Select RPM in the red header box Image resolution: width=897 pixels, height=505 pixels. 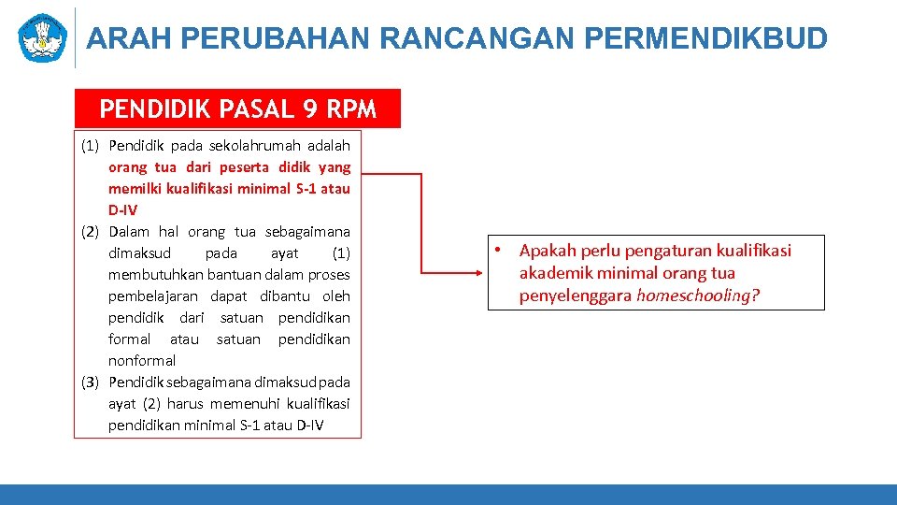point(351,109)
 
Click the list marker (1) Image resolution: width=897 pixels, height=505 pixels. point(91,146)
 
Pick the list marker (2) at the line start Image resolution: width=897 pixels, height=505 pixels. point(91,232)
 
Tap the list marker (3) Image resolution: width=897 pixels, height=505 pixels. point(91,382)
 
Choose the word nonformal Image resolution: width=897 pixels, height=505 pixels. point(142,361)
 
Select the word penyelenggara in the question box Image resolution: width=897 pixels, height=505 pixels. point(576,296)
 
